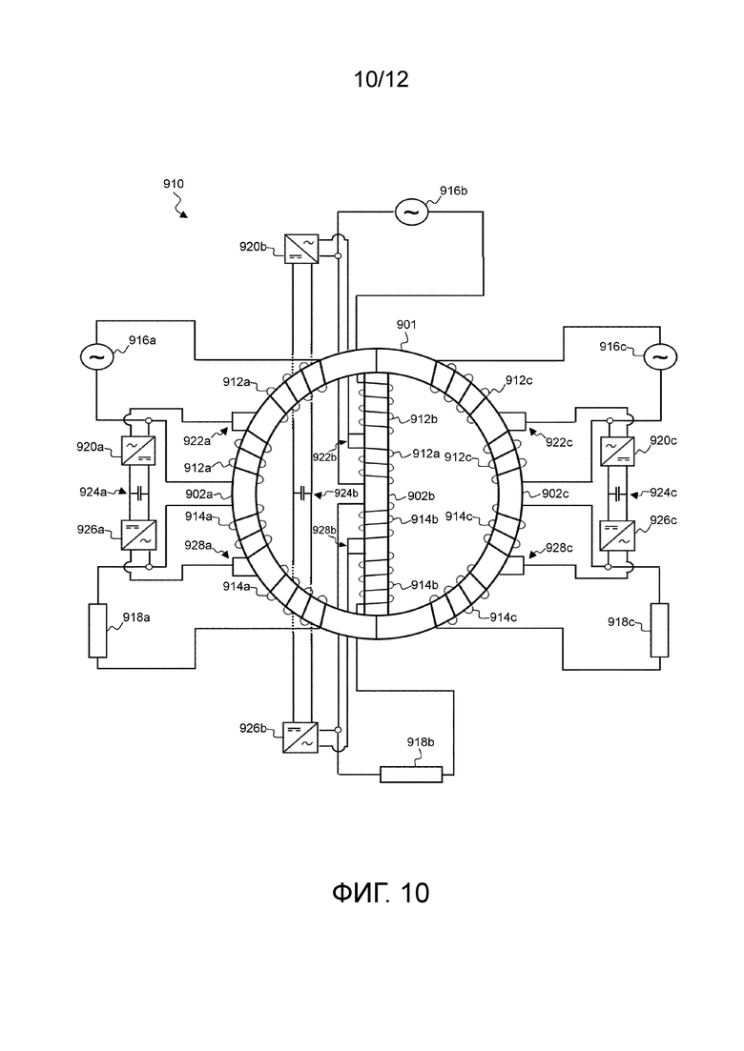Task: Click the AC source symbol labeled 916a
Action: click(96, 356)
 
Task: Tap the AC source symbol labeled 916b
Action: click(410, 212)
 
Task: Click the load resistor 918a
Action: click(98, 630)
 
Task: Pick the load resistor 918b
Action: click(411, 774)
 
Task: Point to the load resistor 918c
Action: click(659, 630)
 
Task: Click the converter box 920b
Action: click(301, 248)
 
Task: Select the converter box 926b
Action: click(301, 736)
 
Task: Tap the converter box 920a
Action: click(138, 450)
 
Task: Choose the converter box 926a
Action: click(138, 535)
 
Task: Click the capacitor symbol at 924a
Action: click(138, 493)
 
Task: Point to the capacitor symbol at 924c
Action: click(617, 493)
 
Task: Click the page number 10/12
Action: click(381, 79)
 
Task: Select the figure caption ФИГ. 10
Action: click(381, 893)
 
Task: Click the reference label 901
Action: click(406, 324)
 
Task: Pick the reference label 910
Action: click(173, 184)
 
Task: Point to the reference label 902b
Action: click(422, 496)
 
